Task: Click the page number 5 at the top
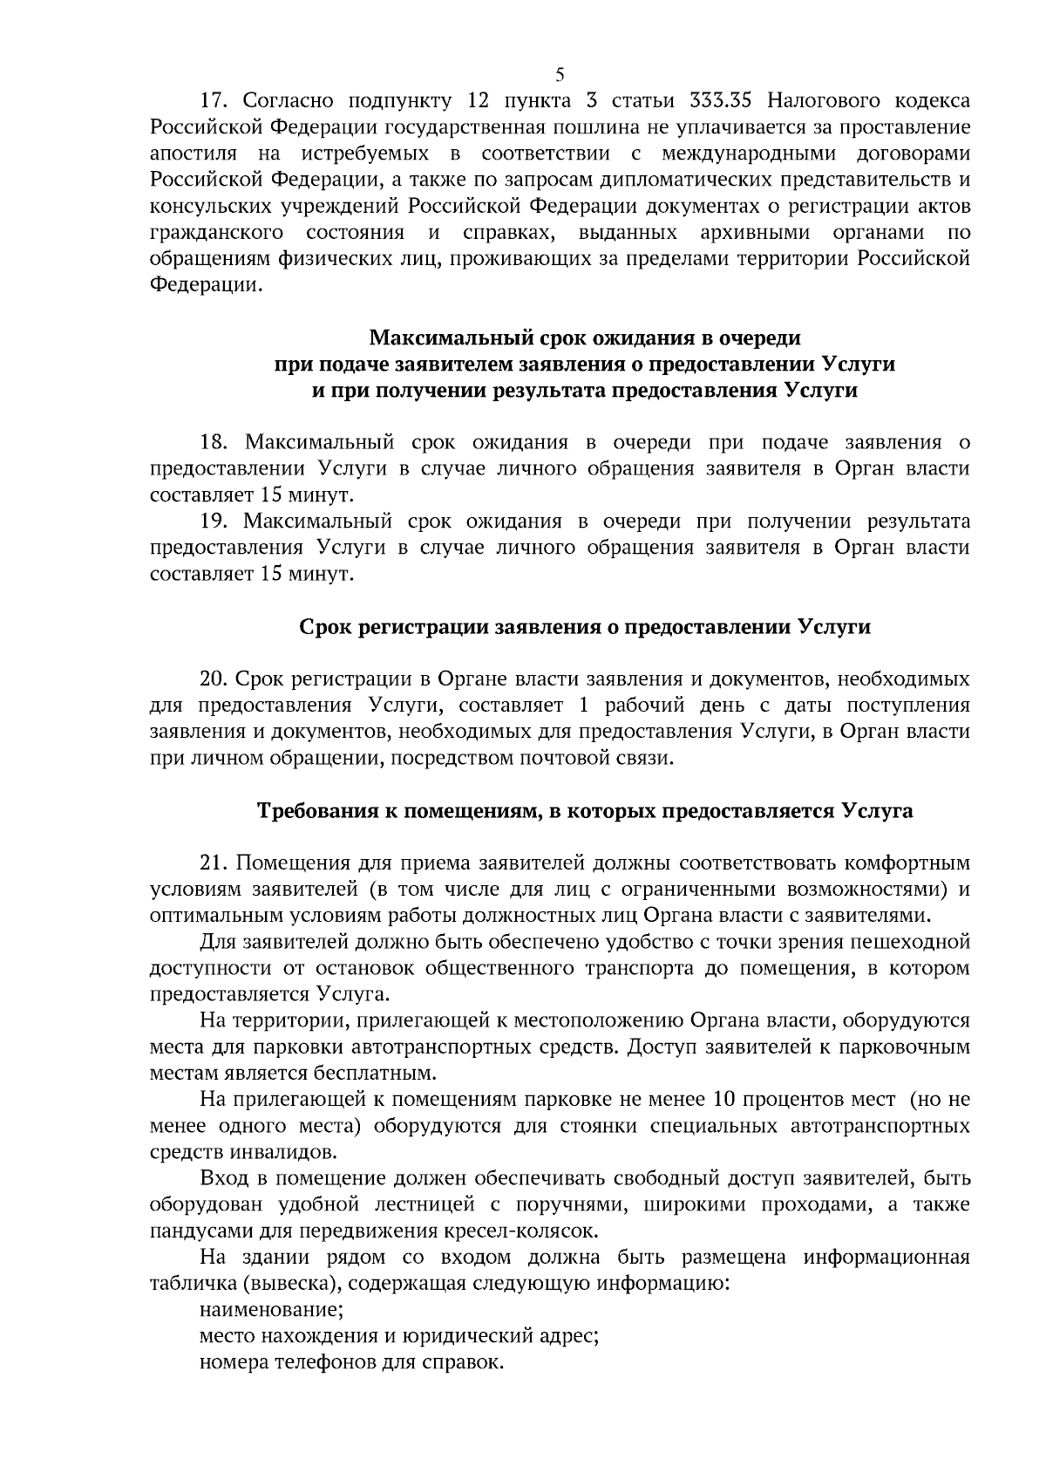pos(560,73)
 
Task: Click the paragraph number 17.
pos(214,100)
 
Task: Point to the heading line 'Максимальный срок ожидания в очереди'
pos(585,337)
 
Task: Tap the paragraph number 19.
pos(214,522)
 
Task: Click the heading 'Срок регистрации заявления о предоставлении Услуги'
pos(585,627)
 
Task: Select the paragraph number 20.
pos(214,679)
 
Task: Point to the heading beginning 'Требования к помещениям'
pos(585,811)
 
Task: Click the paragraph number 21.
pos(214,863)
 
